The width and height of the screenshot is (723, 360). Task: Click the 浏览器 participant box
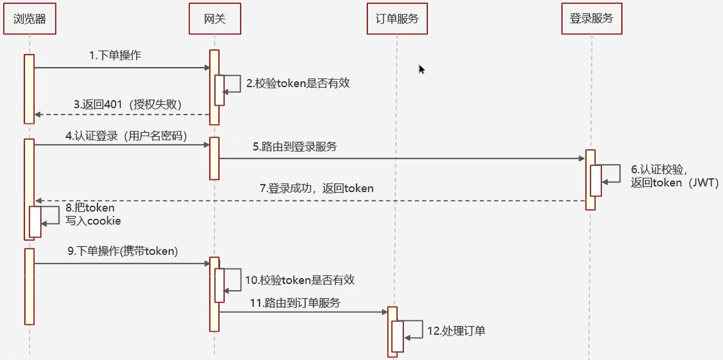tap(30, 19)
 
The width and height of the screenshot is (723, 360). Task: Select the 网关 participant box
tap(215, 19)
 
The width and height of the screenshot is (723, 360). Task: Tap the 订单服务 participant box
tap(397, 19)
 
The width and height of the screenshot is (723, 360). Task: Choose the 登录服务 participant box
tap(592, 19)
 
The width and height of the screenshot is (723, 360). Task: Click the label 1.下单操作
tap(115, 55)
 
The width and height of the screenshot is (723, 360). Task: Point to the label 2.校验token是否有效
tap(298, 83)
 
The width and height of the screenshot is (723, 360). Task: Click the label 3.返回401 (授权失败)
tap(128, 105)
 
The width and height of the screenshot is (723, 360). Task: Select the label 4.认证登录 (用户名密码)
tap(126, 136)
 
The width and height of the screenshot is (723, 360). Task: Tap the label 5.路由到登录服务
tap(295, 147)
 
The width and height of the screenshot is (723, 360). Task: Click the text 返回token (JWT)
tap(674, 183)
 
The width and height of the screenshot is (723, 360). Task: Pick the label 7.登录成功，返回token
tap(316, 188)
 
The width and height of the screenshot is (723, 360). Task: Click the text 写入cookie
tap(93, 221)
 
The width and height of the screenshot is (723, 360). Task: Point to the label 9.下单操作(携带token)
tap(123, 251)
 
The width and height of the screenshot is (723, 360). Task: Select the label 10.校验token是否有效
tap(300, 280)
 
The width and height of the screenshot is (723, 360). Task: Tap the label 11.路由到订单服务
tap(295, 303)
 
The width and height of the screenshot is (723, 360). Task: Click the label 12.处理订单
tap(456, 331)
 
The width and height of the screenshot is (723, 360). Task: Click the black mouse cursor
tap(421, 69)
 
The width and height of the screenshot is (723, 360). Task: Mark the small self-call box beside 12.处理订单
tap(397, 336)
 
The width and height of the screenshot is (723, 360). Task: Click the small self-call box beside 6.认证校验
tap(596, 180)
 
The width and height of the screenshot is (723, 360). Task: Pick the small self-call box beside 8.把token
tap(35, 222)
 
